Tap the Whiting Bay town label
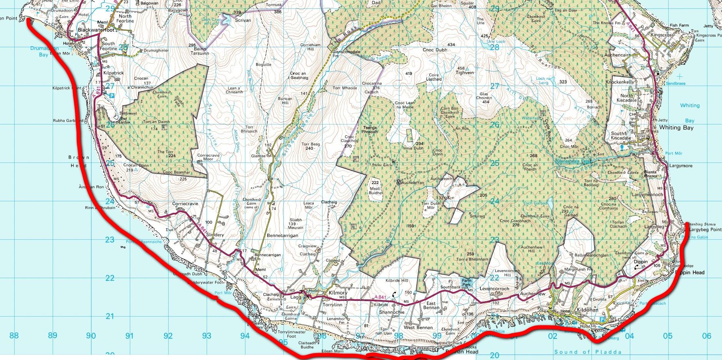(676, 128)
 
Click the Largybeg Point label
(705, 230)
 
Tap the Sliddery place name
(215, 235)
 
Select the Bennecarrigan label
(282, 236)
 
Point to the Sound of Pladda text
(588, 352)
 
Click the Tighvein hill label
(465, 72)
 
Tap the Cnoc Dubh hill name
(435, 50)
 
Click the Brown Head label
(79, 161)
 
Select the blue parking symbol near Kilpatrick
(112, 96)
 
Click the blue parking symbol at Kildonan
(602, 320)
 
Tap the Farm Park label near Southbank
(466, 283)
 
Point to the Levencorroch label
(494, 289)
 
